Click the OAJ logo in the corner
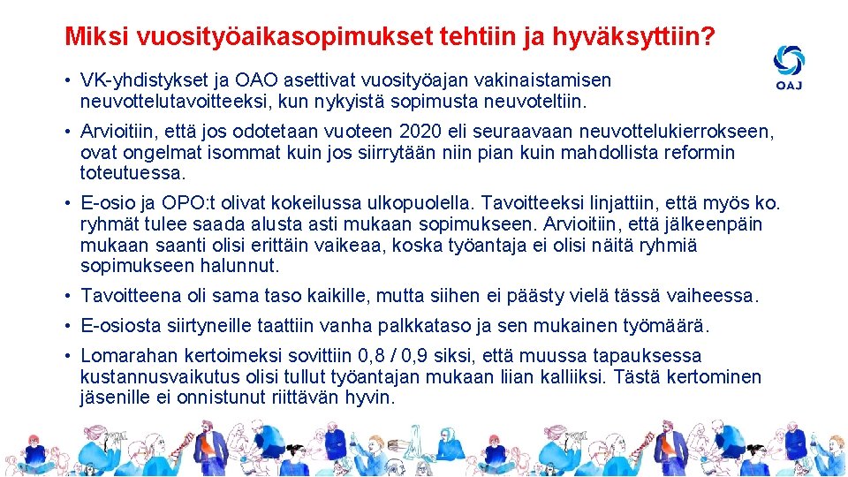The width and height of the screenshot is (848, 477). click(789, 67)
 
